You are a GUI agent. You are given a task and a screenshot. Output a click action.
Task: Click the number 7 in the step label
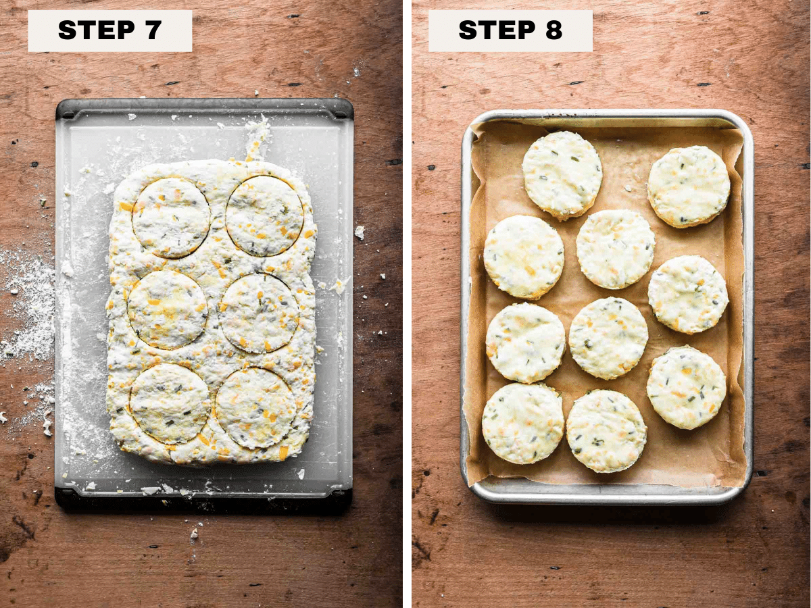coord(151,30)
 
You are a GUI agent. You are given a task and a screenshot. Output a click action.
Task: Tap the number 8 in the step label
coord(554,30)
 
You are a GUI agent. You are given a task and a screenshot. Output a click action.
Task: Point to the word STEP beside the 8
coord(496,30)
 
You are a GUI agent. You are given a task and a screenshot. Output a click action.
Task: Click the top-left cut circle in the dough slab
coord(171,218)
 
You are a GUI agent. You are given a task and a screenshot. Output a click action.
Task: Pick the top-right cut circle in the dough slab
coord(264,216)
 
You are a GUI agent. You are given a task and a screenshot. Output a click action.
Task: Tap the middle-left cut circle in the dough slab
coord(167,309)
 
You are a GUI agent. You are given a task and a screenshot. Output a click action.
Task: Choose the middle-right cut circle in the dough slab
coord(259,313)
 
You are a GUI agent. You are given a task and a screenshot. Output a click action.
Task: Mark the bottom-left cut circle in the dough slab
coord(170,403)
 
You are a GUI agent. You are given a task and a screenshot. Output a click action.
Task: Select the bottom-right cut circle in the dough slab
coord(256,408)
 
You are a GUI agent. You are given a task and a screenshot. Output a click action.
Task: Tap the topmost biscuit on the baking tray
coord(562,176)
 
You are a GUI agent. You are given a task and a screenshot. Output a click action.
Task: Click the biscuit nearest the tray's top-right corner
coord(689,187)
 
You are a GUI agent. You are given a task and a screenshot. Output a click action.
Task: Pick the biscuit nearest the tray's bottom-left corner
coord(523,424)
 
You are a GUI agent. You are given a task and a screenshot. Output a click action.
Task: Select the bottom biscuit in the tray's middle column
coord(606,431)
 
